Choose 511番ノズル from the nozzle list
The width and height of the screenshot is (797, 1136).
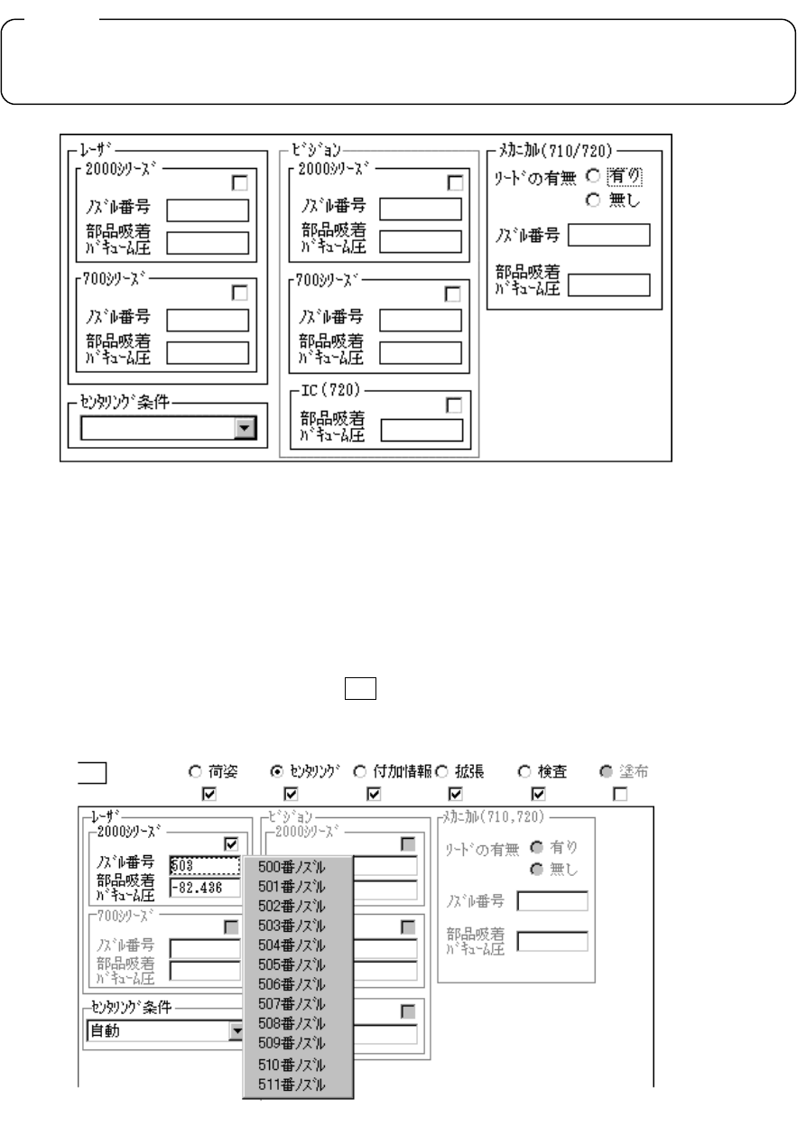[x=291, y=1084]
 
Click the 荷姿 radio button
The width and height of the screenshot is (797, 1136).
[x=193, y=772]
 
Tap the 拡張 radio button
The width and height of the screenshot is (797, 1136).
[x=441, y=772]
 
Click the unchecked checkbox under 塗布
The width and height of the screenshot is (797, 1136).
[x=618, y=794]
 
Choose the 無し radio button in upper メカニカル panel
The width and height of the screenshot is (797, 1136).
[x=592, y=199]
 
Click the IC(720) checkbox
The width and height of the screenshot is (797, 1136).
[x=454, y=405]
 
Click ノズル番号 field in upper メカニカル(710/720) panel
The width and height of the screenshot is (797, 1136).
[x=608, y=236]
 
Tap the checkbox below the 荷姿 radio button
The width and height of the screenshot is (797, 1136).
[x=209, y=794]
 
